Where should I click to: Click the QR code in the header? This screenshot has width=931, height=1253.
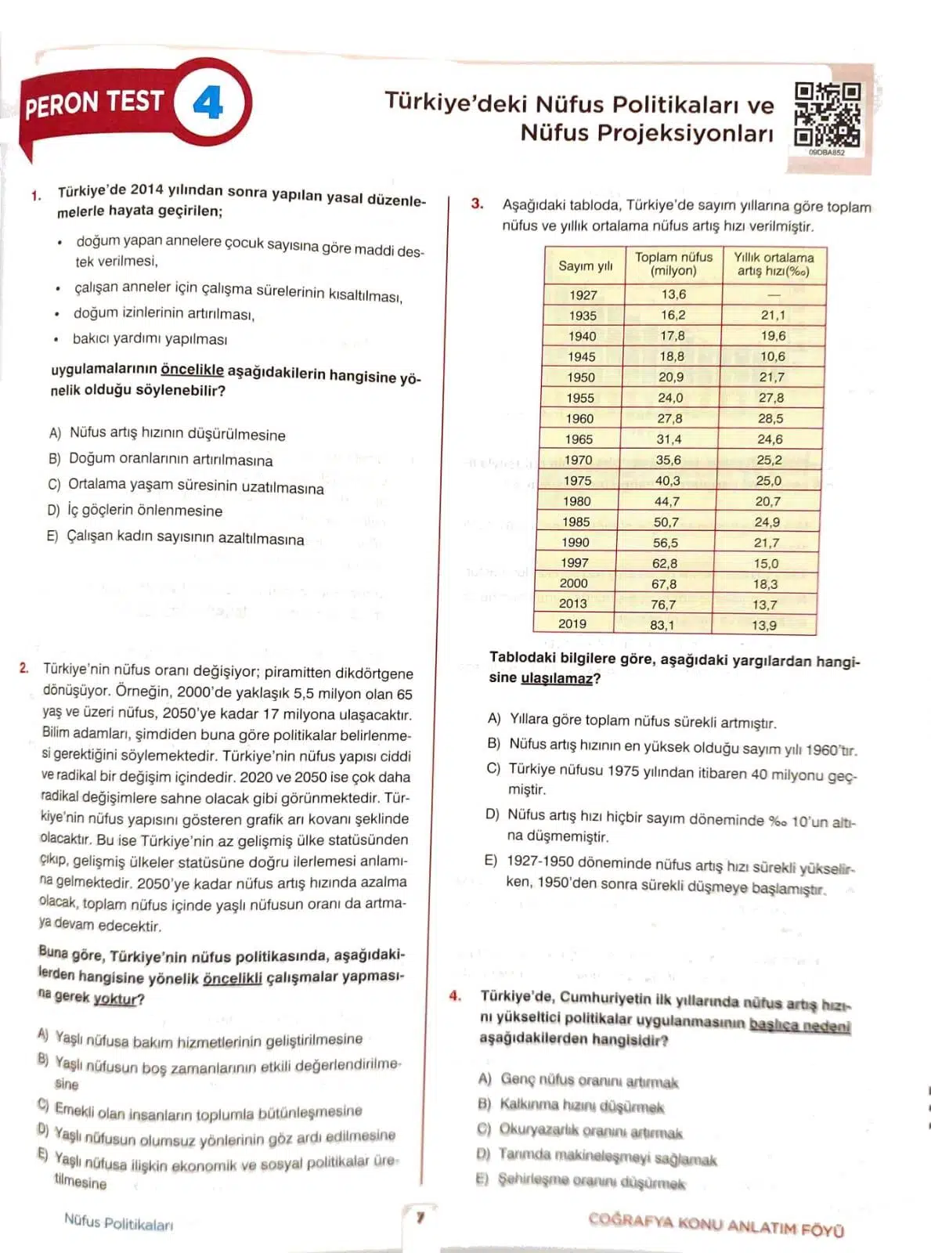click(x=827, y=114)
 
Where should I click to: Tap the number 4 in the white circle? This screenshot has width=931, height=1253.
click(x=207, y=103)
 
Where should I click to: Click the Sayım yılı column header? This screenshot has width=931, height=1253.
click(x=585, y=265)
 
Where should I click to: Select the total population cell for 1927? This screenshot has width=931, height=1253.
click(x=673, y=294)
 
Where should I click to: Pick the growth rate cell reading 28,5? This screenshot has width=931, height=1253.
click(x=770, y=418)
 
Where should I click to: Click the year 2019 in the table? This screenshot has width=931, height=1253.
click(x=572, y=623)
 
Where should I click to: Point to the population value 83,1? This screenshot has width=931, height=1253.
click(x=662, y=625)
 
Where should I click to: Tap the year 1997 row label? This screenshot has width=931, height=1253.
click(x=575, y=562)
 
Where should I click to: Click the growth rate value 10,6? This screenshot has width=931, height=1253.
click(x=772, y=356)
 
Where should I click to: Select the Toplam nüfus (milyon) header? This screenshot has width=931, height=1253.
click(x=673, y=264)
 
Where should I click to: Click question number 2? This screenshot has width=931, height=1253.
click(x=24, y=668)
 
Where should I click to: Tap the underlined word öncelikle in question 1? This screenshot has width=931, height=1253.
click(x=192, y=370)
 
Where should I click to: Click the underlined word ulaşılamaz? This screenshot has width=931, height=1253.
click(x=556, y=678)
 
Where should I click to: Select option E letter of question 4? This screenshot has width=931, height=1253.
click(x=482, y=1179)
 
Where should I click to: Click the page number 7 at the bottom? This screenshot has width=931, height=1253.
click(x=420, y=1218)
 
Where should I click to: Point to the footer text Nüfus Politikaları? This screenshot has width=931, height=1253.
click(x=118, y=1222)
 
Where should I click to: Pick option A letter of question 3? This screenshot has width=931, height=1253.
click(x=493, y=718)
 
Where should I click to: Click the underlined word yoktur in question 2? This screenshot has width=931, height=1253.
click(x=115, y=998)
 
